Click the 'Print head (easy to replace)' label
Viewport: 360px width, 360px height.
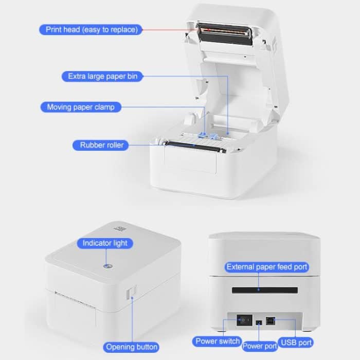92,29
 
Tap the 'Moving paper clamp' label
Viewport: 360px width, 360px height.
81,107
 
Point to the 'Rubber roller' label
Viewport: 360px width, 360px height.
102,145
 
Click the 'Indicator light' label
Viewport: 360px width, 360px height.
105,243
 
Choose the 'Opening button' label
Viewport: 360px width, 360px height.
132,347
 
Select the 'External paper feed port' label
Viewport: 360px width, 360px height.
267,266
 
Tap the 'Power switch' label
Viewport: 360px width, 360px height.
218,341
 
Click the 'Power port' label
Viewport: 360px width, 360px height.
260,346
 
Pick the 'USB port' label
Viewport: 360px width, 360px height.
295,341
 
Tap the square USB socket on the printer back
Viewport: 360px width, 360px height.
270,320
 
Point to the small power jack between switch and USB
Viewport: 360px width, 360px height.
257,322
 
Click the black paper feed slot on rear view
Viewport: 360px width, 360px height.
264,291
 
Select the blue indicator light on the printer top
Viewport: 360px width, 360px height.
107,266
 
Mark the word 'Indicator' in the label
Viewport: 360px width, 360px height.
96,243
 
